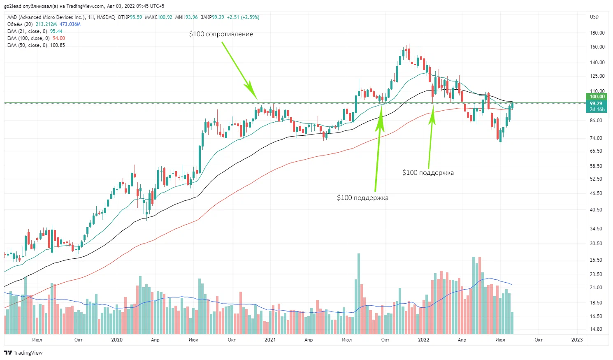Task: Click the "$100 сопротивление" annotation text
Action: [x=221, y=34]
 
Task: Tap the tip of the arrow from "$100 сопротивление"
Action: [x=257, y=99]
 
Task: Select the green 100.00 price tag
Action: [x=597, y=97]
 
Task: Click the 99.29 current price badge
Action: [x=596, y=104]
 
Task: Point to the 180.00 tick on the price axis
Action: [x=597, y=33]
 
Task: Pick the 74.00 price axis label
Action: [x=596, y=138]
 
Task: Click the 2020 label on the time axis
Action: [x=117, y=340]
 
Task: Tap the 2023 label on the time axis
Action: [x=577, y=340]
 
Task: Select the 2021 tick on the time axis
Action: [x=270, y=340]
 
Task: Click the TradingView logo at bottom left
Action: [x=23, y=353]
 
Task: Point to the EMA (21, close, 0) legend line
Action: [x=35, y=31]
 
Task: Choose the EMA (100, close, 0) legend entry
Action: [x=36, y=38]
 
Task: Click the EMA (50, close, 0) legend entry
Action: [x=36, y=45]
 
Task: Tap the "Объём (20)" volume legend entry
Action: [x=20, y=24]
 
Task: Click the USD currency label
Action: [x=594, y=17]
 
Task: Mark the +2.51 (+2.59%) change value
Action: [x=243, y=17]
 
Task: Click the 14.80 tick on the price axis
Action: [x=596, y=329]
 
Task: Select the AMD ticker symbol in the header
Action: [x=12, y=17]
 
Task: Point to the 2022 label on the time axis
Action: [x=423, y=340]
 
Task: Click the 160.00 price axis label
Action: [x=597, y=47]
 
